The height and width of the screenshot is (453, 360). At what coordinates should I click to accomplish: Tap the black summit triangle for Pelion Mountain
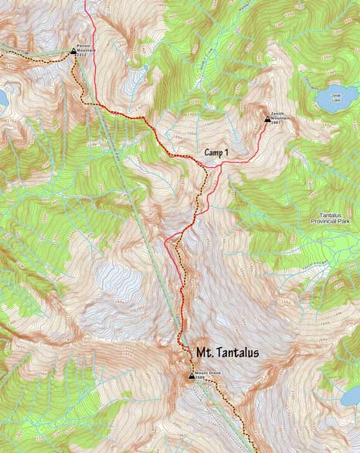(73, 52)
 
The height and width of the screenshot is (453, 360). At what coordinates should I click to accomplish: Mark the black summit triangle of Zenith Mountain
(267, 119)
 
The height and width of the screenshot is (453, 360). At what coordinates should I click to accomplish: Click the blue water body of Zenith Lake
(334, 97)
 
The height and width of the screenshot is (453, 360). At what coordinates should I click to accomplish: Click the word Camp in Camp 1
(214, 153)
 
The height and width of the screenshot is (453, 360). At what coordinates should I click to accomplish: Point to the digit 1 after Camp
(227, 153)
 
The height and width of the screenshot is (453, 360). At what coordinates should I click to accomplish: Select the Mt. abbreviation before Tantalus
(203, 353)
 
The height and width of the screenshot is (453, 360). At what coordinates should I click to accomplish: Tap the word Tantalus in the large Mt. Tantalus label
(236, 353)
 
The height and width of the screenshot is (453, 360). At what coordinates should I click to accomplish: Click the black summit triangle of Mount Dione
(192, 376)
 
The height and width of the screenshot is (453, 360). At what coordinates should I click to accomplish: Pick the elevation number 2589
(202, 378)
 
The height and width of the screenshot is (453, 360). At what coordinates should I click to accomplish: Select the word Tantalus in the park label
(337, 216)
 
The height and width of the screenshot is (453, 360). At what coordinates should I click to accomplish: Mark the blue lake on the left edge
(3, 98)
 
